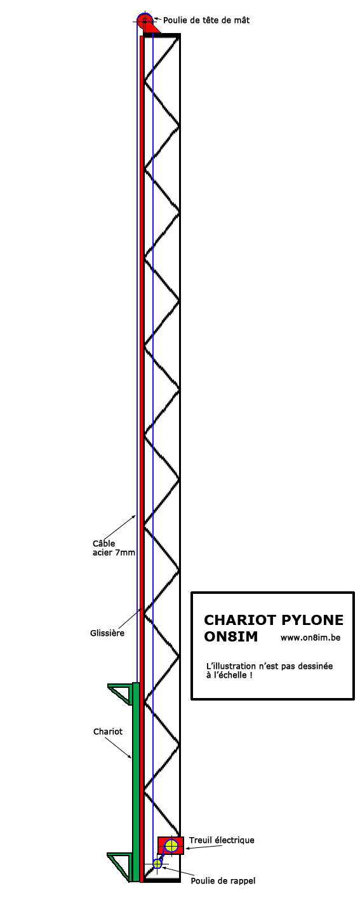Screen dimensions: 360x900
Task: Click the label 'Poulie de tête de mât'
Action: point(206,20)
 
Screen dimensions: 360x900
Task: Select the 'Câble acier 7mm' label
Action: point(114,548)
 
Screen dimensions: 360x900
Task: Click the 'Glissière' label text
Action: point(107,633)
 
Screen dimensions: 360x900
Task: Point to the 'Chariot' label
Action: point(108,732)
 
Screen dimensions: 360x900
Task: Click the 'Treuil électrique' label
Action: point(222,840)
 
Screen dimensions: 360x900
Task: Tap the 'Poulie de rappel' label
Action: point(223,881)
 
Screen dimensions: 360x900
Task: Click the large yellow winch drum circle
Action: point(171,846)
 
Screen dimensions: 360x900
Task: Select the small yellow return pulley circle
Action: point(157,863)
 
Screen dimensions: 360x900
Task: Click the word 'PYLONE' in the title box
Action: point(312,620)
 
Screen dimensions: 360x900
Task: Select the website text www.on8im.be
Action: point(310,638)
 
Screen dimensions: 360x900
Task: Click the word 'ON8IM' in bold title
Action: point(230,637)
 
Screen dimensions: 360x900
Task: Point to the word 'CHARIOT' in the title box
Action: point(240,620)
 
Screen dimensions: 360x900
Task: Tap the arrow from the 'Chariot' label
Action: point(120,748)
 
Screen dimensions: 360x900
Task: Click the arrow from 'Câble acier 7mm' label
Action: point(122,527)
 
